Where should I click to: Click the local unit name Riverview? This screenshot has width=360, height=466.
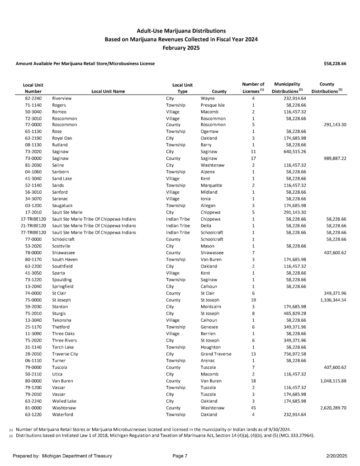coord(62,98)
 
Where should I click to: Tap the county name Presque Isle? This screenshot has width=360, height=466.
coord(213,105)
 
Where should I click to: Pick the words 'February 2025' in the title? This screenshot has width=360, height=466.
coord(181,48)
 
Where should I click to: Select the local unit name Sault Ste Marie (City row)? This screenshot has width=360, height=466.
coord(67,212)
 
